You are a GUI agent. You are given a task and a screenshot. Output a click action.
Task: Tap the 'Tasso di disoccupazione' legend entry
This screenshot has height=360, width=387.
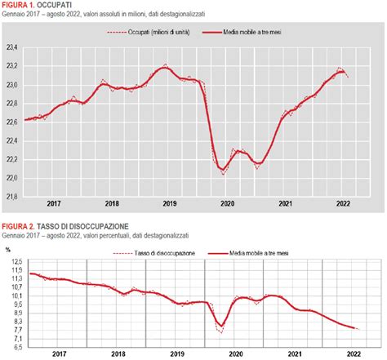pos(164,253)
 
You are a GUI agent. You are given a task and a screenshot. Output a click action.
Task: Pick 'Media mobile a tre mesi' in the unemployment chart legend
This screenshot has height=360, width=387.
pos(261,253)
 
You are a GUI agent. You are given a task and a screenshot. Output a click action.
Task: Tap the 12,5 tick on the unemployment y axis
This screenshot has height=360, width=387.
pos(15,261)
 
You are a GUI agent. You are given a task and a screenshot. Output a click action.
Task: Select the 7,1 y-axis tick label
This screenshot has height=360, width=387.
pos(15,337)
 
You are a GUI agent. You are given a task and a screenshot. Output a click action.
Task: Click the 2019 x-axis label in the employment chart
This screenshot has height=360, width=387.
pos(168,204)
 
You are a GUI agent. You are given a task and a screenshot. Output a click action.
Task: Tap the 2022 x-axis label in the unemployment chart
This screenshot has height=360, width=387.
pos(354,353)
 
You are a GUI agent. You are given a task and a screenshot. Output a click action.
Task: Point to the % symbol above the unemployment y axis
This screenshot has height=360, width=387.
pos(7,249)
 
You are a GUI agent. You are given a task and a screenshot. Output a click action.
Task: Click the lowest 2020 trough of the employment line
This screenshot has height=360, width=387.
pos(223,171)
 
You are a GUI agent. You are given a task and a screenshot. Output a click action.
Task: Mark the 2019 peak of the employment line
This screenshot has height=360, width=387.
pos(165,67)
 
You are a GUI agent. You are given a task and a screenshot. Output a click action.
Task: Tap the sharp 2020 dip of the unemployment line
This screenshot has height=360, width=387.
pos(220,327)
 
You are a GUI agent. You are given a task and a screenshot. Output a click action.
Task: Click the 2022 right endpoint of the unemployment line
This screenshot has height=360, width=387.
pos(357,329)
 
